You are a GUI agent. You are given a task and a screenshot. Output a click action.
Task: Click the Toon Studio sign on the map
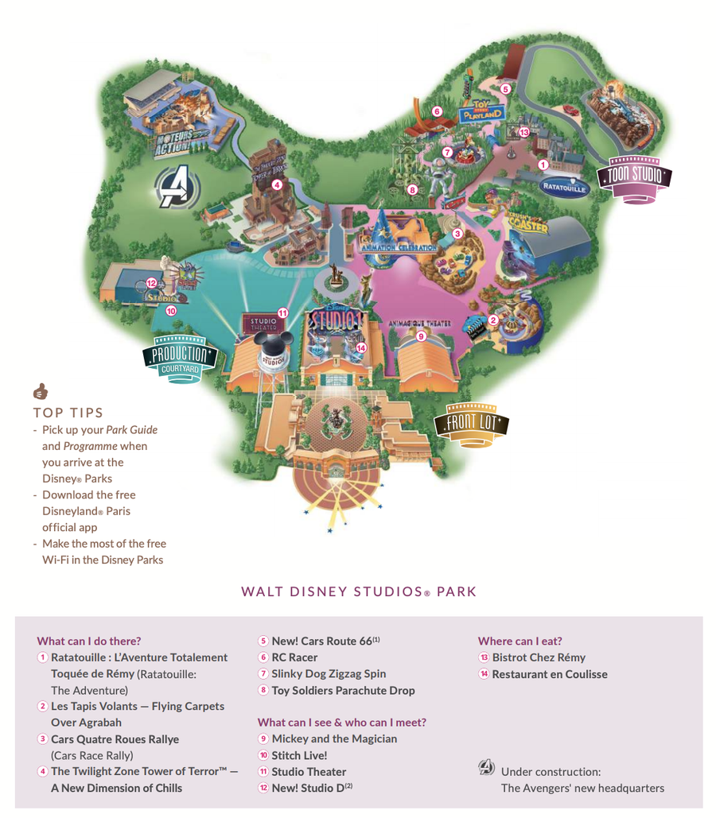click(x=634, y=176)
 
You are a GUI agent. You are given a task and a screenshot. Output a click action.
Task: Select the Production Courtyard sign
click(x=180, y=357)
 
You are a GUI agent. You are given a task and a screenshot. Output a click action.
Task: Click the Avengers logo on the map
click(x=173, y=188)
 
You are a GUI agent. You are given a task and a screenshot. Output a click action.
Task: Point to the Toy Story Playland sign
click(x=482, y=110)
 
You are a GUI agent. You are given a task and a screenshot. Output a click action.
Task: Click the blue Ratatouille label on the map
click(x=563, y=188)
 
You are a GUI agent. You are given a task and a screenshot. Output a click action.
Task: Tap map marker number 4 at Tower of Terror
click(x=277, y=184)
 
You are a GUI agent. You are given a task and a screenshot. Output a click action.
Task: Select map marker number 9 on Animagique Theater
click(x=422, y=336)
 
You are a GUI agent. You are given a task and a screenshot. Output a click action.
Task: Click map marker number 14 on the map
click(x=361, y=347)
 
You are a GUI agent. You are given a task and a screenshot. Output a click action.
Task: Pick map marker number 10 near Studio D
click(x=171, y=311)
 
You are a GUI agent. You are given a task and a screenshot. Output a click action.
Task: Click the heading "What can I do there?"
click(x=88, y=641)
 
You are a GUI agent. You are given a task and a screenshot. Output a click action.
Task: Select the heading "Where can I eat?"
click(x=519, y=641)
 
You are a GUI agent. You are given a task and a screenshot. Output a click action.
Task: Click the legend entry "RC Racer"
click(x=294, y=657)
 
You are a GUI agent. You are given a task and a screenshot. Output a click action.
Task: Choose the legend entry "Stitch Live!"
click(x=299, y=755)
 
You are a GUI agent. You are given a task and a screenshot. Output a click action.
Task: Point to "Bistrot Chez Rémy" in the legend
click(x=539, y=657)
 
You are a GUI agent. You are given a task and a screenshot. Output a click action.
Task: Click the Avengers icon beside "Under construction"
click(x=486, y=767)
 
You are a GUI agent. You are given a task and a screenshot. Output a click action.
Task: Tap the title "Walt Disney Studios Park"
click(x=359, y=591)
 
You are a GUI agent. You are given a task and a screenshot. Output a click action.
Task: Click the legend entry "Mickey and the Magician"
click(x=334, y=739)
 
